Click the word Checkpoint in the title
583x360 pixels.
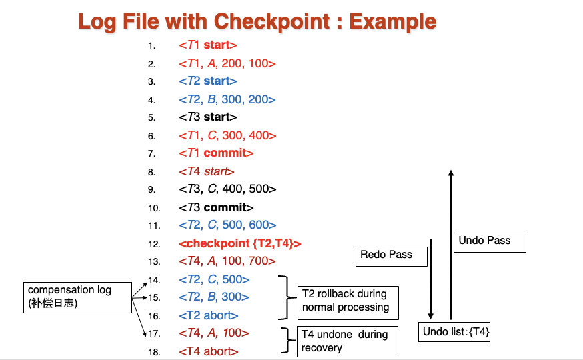click(x=271, y=21)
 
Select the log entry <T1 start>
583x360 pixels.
click(x=208, y=45)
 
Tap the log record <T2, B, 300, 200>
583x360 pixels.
click(x=227, y=99)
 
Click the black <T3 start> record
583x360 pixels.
click(x=208, y=117)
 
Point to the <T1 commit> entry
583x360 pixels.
click(x=216, y=153)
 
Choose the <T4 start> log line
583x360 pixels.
click(x=207, y=171)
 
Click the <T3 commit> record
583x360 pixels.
click(x=216, y=207)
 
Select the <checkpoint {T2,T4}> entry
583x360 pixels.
click(x=240, y=244)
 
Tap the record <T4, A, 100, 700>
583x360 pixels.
click(x=227, y=261)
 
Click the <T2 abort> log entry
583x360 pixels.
click(x=209, y=316)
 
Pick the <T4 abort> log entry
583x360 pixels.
click(x=209, y=351)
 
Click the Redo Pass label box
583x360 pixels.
click(x=392, y=257)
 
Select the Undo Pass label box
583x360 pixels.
click(x=490, y=243)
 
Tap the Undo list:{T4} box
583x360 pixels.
click(x=454, y=332)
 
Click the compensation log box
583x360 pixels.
click(x=77, y=297)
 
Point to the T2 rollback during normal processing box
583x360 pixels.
click(x=348, y=303)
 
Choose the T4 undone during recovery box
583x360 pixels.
click(x=348, y=342)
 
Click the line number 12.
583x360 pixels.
click(x=154, y=244)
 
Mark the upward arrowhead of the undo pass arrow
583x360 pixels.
click(x=451, y=173)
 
